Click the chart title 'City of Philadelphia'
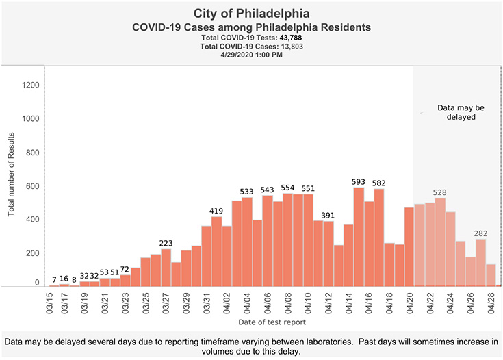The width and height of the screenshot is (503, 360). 250,14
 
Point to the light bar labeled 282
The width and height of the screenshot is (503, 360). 480,262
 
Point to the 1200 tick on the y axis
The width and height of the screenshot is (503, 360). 30,86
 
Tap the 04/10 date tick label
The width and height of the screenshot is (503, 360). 308,302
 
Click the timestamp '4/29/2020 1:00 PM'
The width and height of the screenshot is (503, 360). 250,55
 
